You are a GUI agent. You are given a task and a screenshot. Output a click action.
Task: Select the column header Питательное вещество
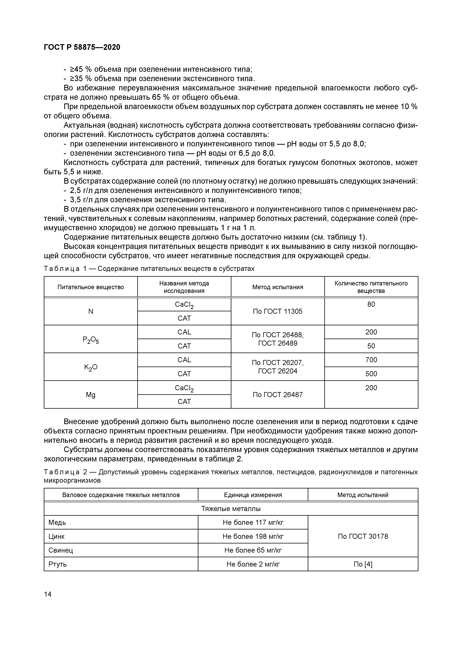point(91,287)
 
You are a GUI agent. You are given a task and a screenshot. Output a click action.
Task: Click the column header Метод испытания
point(278,287)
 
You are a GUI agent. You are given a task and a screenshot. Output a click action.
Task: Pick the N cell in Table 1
point(91,311)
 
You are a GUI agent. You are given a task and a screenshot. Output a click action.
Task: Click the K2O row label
point(91,367)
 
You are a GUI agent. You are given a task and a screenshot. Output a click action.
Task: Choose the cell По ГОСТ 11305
point(278,311)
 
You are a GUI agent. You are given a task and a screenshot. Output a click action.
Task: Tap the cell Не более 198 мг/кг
point(253,536)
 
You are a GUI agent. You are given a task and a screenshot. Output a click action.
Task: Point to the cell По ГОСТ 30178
point(363,536)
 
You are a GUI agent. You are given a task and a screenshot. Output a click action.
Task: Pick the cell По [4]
point(363,564)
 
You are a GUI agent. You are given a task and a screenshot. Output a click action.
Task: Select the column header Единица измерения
point(253,495)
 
